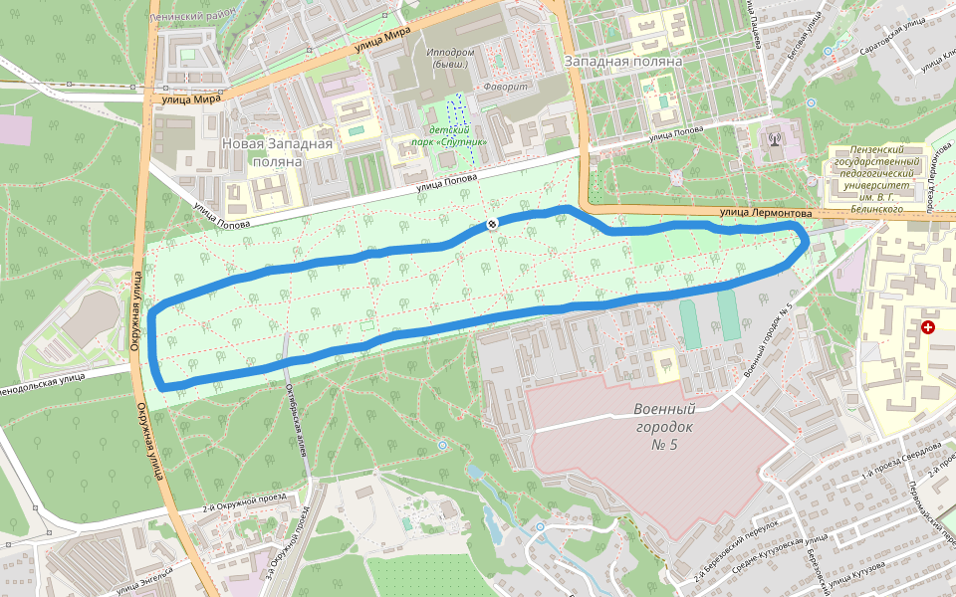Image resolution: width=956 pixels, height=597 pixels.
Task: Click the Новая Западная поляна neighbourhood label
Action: coord(277,152)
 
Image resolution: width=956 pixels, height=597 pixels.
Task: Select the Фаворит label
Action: coord(504,87)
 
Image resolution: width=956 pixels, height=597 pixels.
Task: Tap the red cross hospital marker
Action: coord(928,326)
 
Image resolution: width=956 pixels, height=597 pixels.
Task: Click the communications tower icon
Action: coord(776,138)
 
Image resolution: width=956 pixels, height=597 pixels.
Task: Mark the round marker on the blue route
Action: coord(492,225)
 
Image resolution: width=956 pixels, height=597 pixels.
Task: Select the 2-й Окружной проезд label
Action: coord(244,501)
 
